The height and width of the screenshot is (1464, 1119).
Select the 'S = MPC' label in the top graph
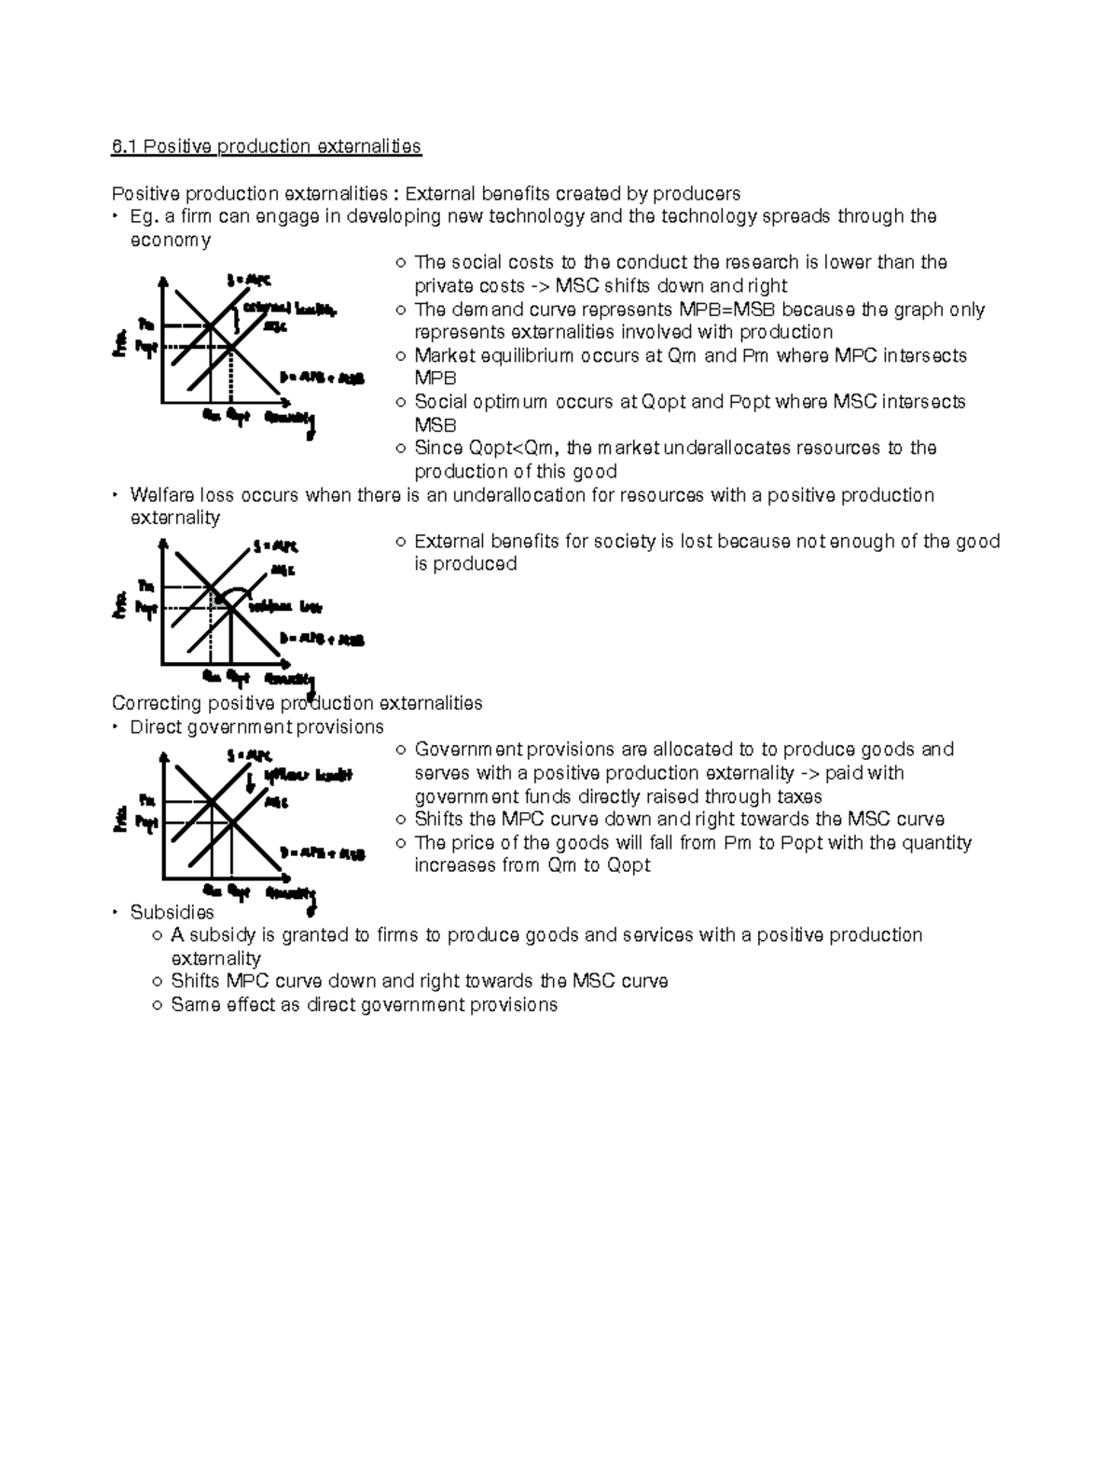click(249, 279)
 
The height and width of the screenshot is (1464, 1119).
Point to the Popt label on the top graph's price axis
click(146, 347)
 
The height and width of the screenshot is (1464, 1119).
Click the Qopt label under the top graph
click(238, 418)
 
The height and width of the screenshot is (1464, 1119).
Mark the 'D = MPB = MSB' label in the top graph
click(322, 379)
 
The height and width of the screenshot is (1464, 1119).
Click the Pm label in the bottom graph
click(146, 800)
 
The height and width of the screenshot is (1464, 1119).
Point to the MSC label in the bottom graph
click(276, 801)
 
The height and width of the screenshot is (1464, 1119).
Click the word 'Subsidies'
click(172, 912)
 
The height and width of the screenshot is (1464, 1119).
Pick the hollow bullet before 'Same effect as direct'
click(158, 1005)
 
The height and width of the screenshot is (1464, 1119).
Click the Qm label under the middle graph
click(212, 676)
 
